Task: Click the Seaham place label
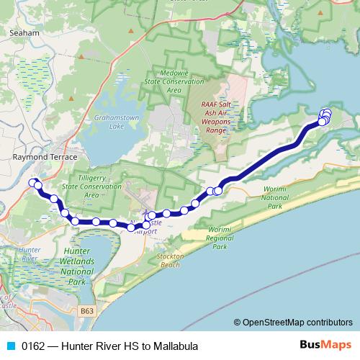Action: tap(25, 33)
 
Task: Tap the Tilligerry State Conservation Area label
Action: tap(91, 186)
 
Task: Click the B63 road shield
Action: tap(87, 311)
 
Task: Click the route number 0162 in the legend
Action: tap(33, 346)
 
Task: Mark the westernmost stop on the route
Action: tap(32, 182)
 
